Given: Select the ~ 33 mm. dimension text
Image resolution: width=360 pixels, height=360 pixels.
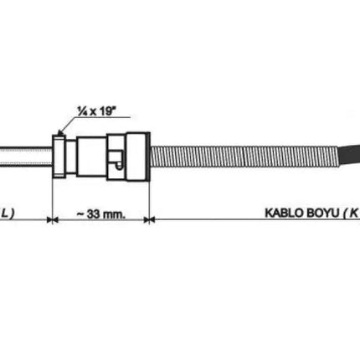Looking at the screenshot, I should coord(100,214).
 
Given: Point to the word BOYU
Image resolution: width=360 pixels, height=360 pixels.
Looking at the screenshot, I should coord(325,214).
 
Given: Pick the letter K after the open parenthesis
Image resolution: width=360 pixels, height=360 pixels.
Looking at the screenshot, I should coord(355,214).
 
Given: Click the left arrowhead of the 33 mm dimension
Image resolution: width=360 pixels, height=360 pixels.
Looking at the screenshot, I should coord(57,220).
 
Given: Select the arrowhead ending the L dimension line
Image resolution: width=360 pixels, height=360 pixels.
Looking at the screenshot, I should coord(48,220).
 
